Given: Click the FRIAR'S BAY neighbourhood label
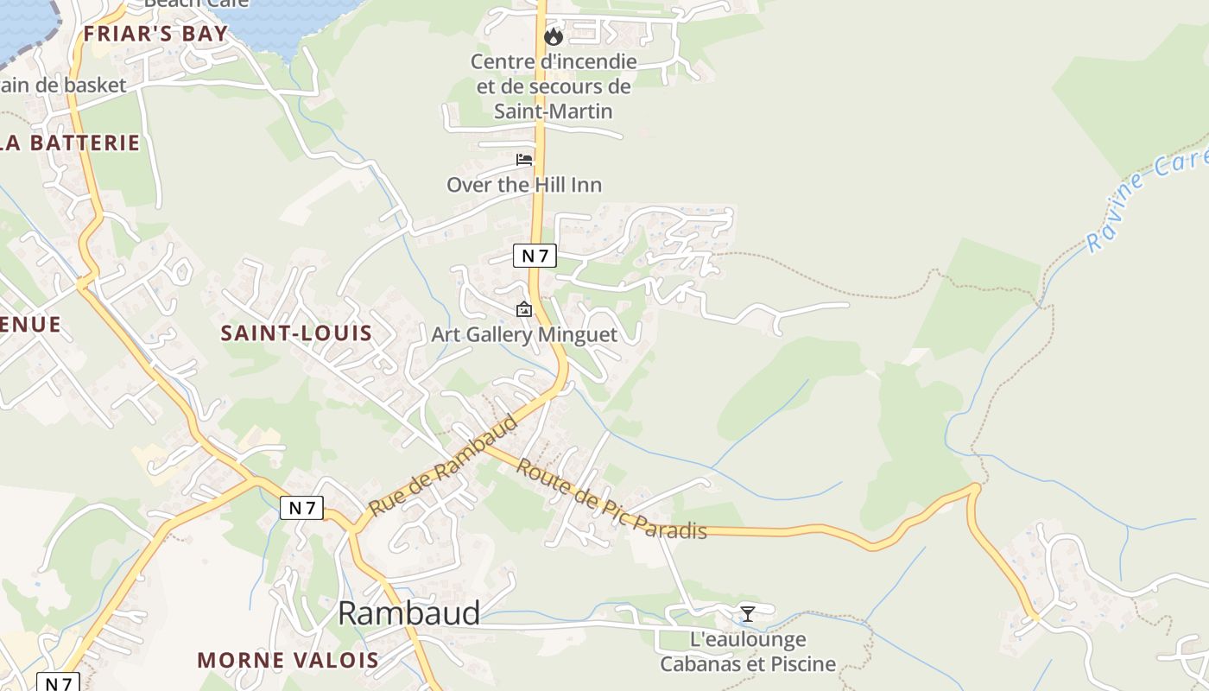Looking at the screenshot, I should pos(155,34).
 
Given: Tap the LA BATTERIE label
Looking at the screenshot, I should pos(71,143).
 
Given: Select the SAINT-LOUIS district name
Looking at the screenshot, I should pos(296,333).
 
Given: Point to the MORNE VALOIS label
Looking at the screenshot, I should pos(288,660).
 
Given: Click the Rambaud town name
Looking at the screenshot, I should pos(408,612).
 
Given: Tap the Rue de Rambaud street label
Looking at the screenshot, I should pos(443,465).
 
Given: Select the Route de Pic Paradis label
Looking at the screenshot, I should pos(611,499).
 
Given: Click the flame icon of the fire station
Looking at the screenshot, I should pos(554,36).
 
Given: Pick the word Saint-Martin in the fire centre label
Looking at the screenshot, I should pos(554,111).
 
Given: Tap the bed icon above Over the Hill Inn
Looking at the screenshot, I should pos(524,160).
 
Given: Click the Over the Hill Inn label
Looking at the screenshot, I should pos(524,184).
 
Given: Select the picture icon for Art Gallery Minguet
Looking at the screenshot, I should pos(524,309).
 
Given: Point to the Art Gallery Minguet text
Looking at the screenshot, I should pos(524,334).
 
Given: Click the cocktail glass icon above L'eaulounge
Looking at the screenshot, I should pos(748,613).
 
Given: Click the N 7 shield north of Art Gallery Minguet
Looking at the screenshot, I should pos(535,256).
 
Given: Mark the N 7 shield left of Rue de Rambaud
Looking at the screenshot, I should pos(301,508).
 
